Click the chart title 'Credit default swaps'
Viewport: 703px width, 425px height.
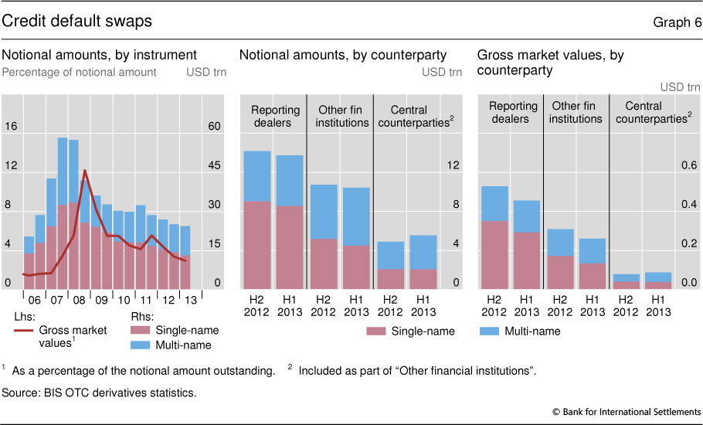tap(76, 21)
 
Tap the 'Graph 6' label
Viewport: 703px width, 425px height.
tap(677, 22)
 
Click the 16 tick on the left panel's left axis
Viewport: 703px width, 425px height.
tap(12, 126)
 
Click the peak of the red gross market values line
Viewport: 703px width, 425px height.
tap(84, 171)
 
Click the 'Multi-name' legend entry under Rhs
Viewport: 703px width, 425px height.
tap(185, 345)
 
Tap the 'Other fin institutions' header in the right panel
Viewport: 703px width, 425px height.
tap(576, 112)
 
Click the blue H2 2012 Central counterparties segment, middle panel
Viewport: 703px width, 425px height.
tap(391, 255)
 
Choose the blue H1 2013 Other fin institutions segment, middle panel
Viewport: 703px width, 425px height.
tap(357, 216)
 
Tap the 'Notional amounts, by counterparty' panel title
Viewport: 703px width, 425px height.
tap(343, 55)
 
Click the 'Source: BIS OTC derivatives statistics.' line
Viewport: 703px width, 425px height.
tap(99, 393)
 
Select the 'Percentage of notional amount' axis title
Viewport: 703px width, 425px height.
tap(80, 72)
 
